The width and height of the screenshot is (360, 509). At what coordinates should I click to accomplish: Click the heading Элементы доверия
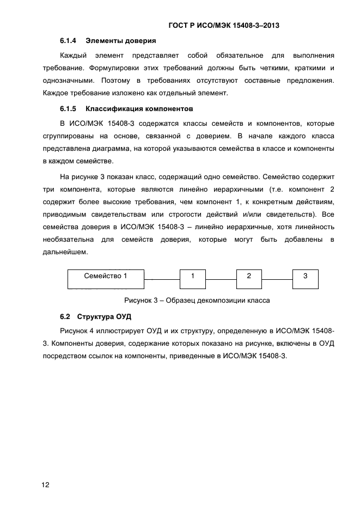tap(121, 41)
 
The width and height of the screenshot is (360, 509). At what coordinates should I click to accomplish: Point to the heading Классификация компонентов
tap(139, 108)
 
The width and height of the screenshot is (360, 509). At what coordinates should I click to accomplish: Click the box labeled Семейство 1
tap(106, 278)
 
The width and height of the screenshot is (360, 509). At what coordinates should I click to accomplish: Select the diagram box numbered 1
tap(193, 278)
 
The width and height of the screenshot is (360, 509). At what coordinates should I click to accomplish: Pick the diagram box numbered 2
tap(249, 278)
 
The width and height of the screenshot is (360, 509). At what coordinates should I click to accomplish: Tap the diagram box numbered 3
tap(306, 278)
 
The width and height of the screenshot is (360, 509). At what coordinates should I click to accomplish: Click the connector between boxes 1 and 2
tap(221, 279)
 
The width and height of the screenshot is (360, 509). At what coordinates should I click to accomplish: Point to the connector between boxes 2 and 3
tap(277, 279)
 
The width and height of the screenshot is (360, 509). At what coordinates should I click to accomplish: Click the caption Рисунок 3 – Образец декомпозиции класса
tap(197, 300)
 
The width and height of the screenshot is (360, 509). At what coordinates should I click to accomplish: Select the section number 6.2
tap(65, 316)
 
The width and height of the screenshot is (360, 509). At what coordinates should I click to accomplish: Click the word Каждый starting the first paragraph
tap(75, 56)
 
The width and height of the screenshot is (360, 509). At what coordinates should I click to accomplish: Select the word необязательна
tap(69, 240)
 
